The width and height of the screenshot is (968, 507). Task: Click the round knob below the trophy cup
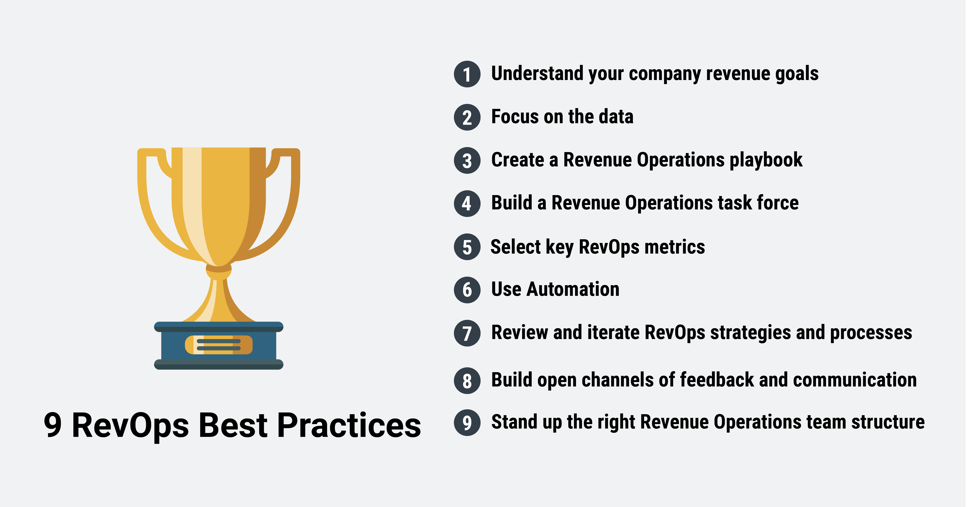coord(219,269)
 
